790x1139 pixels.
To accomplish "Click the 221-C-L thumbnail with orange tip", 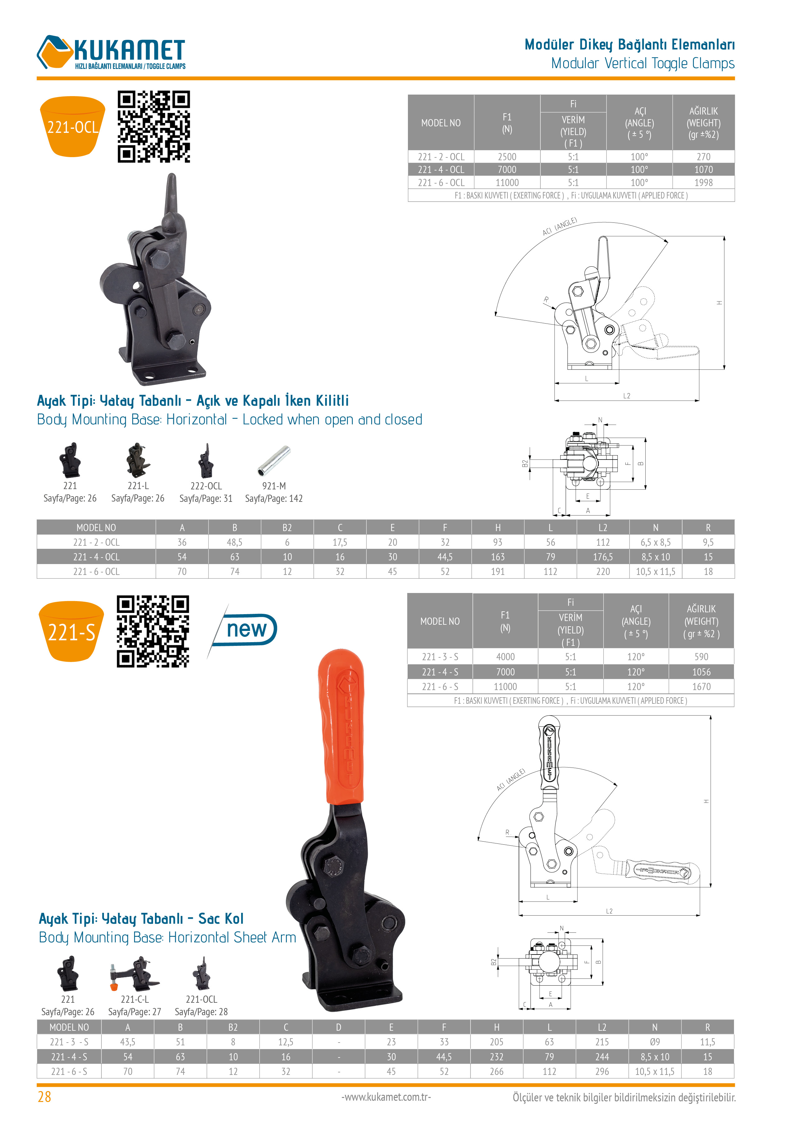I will [x=135, y=974].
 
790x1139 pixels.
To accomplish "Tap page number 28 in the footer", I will [x=44, y=1097].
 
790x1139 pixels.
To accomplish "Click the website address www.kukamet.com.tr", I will [x=386, y=1097].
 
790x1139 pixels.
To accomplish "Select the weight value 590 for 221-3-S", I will [x=701, y=656].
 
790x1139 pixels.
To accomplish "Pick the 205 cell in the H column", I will [x=497, y=1042].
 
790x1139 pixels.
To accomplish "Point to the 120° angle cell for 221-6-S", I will [x=636, y=687].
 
